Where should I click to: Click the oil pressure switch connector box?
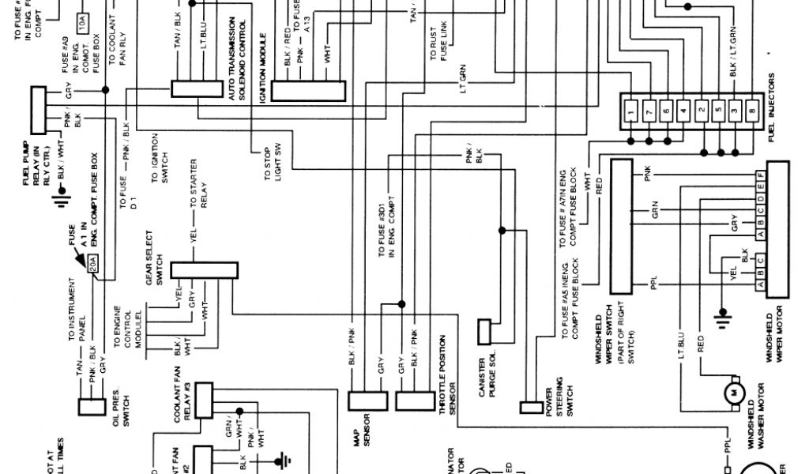point(92,407)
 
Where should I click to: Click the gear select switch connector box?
point(197,269)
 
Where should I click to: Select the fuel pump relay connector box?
point(40,110)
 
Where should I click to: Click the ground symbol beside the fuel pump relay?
point(58,197)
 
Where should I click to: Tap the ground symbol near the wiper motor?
point(720,318)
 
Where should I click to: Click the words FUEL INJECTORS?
point(771,107)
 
